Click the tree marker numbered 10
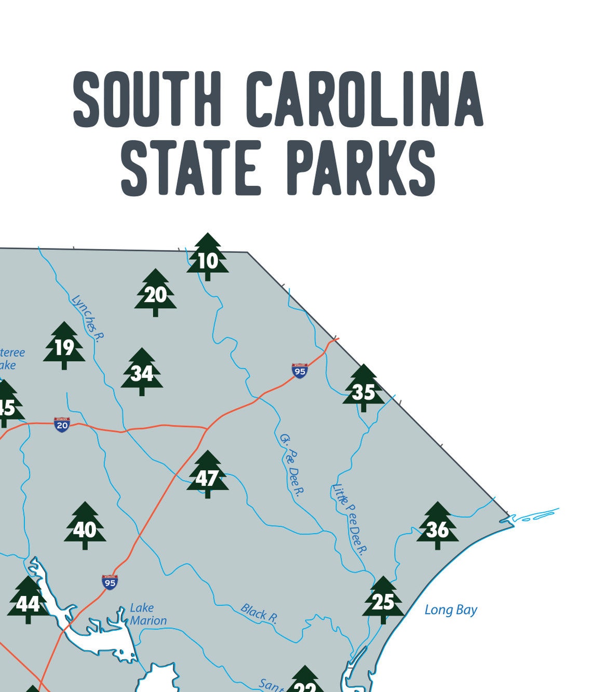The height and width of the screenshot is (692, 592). pos(208,258)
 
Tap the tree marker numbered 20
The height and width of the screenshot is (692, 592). pos(155,294)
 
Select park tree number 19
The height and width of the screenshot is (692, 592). pos(64,347)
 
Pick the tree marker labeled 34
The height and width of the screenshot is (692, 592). pos(142,372)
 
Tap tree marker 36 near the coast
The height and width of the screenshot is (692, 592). pos(437,528)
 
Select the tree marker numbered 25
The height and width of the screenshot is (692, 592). pos(383,601)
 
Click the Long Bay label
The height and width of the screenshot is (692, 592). pos(451,610)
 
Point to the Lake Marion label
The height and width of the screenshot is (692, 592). pos(148,614)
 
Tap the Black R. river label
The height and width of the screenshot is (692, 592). pos(259,614)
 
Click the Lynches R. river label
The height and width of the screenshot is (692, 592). pos(88,318)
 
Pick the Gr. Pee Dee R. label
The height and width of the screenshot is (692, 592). pos(292,464)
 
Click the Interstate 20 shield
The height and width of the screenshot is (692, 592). pos(62,424)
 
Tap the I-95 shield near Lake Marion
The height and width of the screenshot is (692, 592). pos(110,582)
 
